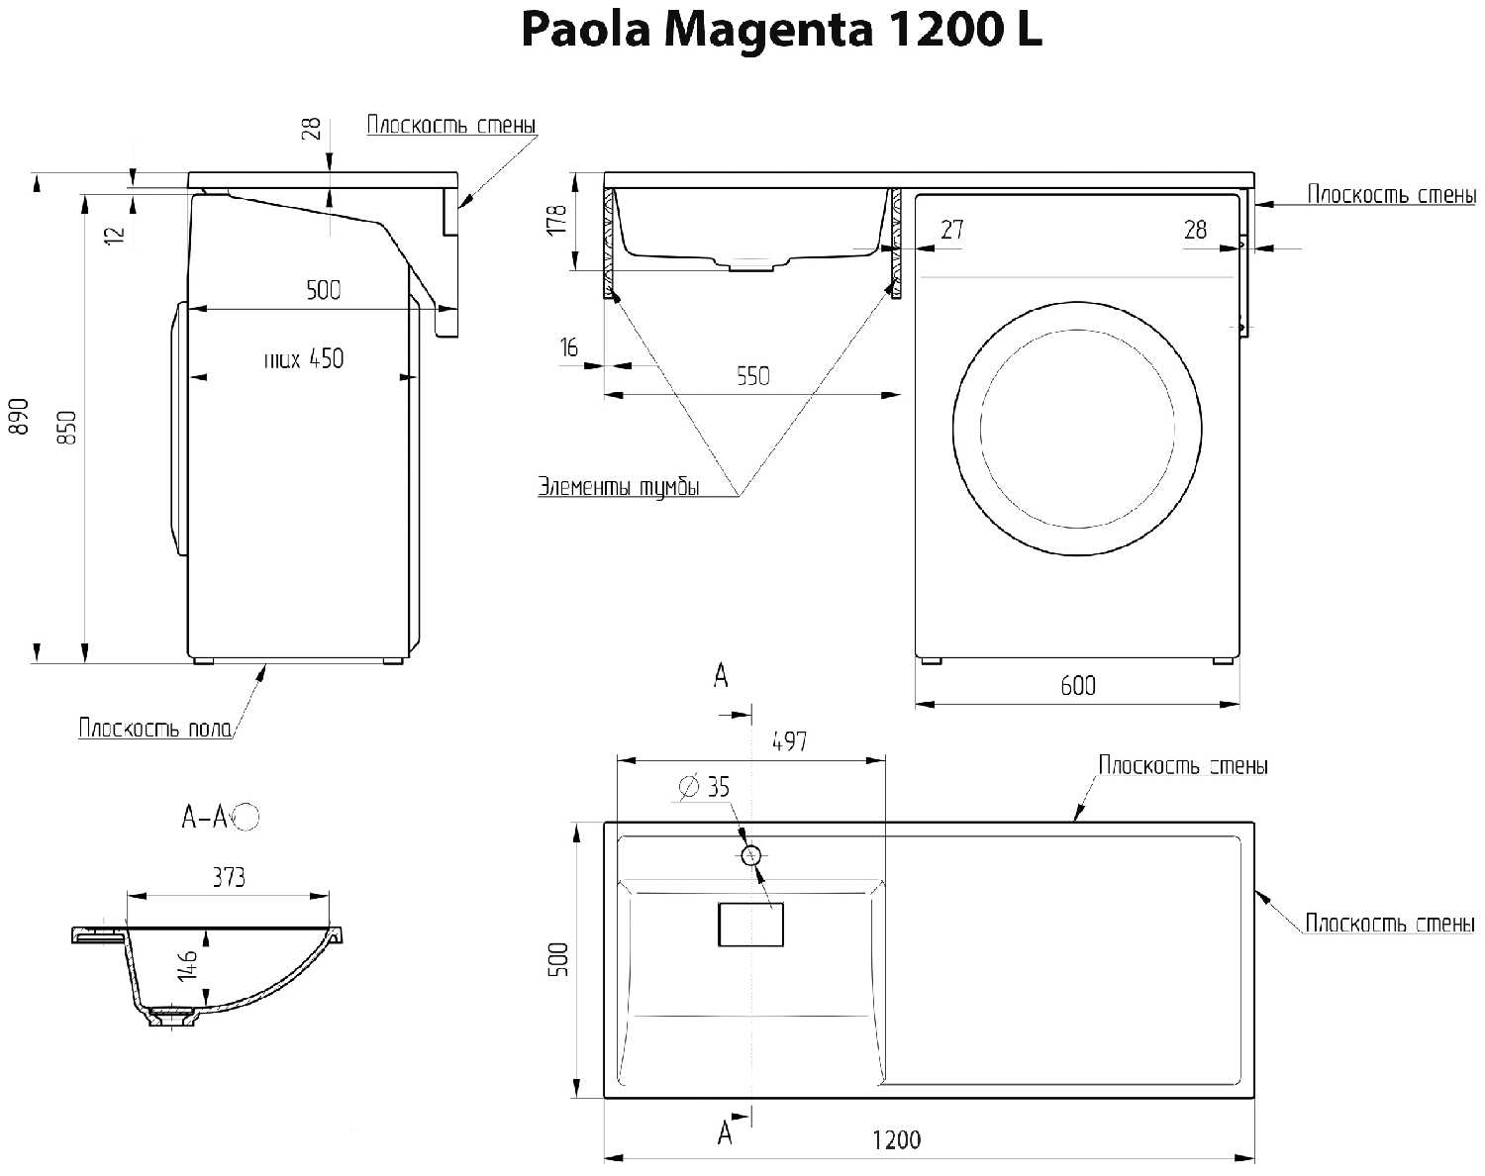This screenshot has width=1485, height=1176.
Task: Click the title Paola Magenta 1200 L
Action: point(781,30)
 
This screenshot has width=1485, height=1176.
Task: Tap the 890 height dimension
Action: point(20,416)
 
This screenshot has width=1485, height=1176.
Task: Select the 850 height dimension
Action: point(67,428)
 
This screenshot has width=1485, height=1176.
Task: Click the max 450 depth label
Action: point(304,359)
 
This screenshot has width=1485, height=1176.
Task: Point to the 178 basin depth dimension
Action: point(556,220)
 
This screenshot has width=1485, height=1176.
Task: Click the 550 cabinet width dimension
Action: point(752,376)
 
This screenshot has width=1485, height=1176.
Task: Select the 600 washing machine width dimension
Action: point(1078,685)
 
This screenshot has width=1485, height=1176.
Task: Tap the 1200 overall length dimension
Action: point(896,1139)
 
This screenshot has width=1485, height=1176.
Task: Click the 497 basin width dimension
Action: point(789,741)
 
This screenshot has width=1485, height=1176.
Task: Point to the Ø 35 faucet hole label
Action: point(704,787)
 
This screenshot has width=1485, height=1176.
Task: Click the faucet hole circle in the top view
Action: point(750,856)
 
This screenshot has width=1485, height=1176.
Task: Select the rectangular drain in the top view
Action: point(750,925)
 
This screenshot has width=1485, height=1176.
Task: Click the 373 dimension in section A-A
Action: point(229,877)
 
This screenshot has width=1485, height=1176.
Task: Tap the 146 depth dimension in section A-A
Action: point(188,965)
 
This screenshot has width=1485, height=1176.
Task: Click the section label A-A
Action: point(204,817)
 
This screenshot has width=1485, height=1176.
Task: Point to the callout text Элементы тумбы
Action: point(619,487)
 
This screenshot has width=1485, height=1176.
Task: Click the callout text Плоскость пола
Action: point(155,728)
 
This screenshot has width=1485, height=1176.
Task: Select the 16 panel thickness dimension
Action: point(568,347)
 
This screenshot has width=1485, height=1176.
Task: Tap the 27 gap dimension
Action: point(952,229)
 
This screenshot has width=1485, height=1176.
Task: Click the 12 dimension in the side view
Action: point(115,234)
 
